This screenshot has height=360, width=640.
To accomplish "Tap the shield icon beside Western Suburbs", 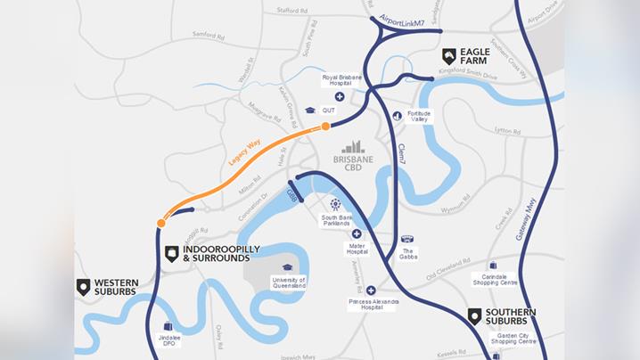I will (83, 286).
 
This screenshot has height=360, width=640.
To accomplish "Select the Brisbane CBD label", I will (354, 163).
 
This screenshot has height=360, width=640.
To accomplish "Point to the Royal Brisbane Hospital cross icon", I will (340, 96).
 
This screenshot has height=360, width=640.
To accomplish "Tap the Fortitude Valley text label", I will (419, 117).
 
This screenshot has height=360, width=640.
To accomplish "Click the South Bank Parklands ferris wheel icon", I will (335, 205).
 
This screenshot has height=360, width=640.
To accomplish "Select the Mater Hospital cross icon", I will (357, 233).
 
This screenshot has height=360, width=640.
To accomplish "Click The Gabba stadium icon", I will (408, 239).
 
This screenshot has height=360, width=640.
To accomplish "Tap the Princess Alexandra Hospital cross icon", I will (371, 290).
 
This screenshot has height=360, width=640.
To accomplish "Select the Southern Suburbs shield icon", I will (474, 315).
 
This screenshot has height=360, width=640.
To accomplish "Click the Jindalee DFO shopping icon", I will (168, 327).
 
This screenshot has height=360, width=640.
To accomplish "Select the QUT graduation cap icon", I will (310, 110).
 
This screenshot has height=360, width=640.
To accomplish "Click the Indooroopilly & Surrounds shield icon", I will (171, 254).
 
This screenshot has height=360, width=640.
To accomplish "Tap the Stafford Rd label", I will (292, 12).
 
